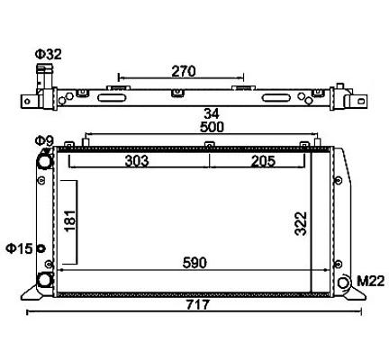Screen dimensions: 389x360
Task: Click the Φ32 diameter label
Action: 49,54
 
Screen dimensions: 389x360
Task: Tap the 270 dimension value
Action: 184,71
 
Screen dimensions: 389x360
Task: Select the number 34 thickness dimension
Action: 212,114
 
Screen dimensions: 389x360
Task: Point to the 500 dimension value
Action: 212,127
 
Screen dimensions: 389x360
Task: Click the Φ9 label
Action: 44,140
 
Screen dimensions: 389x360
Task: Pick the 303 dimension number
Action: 137,161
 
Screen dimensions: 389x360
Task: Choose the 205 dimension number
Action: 263,161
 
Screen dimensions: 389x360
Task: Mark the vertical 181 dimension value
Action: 70,220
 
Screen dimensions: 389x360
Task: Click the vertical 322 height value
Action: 301,223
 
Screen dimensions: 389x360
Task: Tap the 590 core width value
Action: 194,263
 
